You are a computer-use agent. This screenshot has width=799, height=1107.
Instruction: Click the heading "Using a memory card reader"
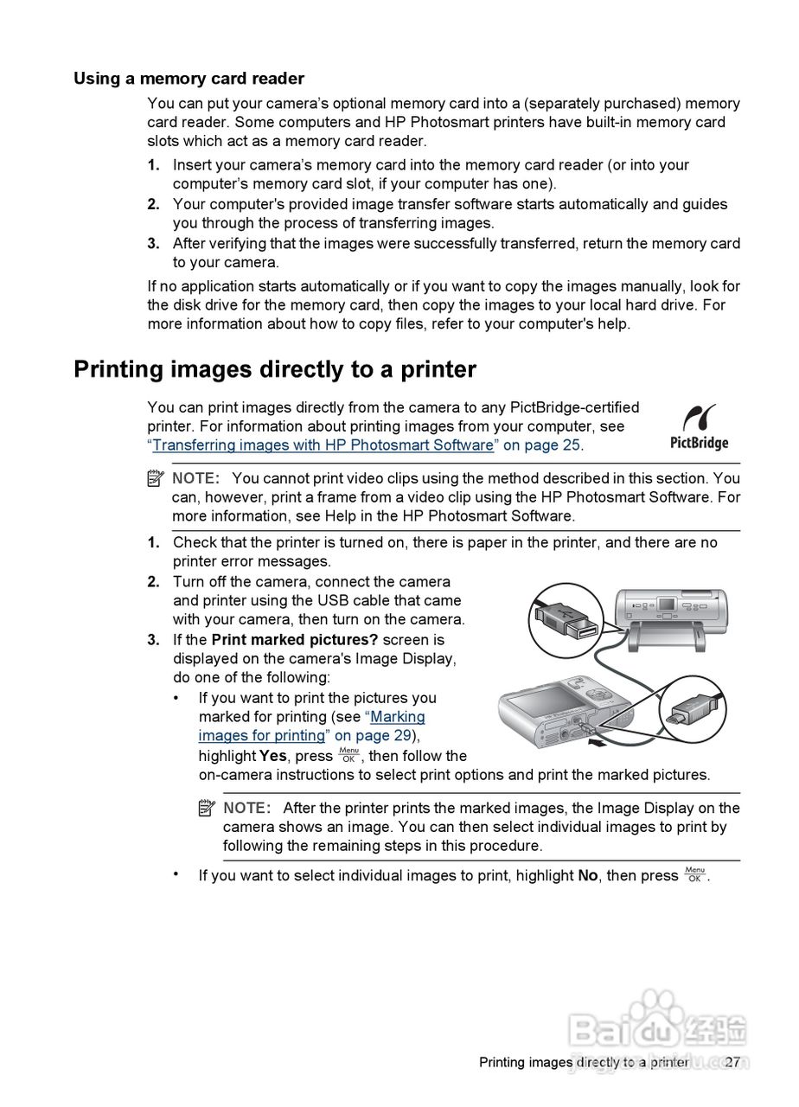click(189, 79)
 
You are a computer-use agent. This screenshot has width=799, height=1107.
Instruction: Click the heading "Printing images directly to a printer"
click(274, 369)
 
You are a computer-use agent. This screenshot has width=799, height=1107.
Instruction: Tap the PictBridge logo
click(699, 426)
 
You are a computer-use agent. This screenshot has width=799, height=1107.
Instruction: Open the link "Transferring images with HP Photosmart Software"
click(323, 445)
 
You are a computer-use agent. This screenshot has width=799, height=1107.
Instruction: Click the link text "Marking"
click(398, 717)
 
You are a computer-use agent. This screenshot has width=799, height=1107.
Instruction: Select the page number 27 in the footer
click(732, 1062)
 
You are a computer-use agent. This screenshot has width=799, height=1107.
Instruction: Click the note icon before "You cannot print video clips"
click(156, 478)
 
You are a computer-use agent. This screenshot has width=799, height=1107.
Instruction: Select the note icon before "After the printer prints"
click(207, 808)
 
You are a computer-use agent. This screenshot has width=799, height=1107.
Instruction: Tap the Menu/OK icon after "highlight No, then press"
click(694, 874)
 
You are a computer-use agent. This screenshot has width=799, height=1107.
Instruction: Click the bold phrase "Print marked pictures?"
click(295, 640)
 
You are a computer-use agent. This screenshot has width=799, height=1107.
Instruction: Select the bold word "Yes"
click(273, 756)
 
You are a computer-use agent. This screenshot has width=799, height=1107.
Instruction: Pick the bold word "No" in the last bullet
click(588, 875)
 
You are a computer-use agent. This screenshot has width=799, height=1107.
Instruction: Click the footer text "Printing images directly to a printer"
click(584, 1062)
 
